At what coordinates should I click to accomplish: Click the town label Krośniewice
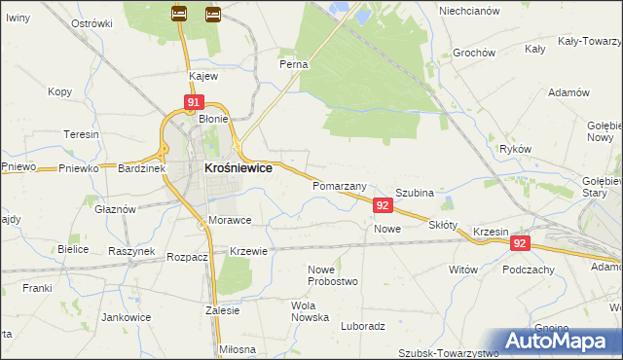[238, 167]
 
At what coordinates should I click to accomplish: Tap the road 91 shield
[194, 102]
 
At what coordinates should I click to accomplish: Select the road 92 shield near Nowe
[383, 205]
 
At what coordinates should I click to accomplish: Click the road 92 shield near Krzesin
[520, 244]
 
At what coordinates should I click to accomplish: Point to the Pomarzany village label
[339, 185]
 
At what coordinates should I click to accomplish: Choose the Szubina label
[414, 194]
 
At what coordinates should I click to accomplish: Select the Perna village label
[294, 64]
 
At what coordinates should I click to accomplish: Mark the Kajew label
[202, 75]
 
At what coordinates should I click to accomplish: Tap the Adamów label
[569, 91]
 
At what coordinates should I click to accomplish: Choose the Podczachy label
[529, 270]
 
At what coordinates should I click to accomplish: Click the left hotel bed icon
[179, 14]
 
